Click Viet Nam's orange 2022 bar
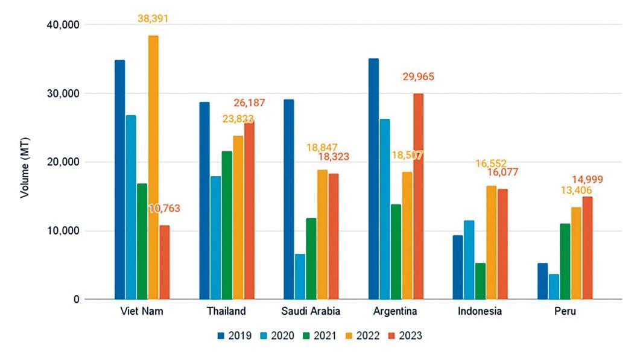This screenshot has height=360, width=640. (x=153, y=168)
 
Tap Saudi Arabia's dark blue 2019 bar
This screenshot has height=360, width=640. (x=289, y=200)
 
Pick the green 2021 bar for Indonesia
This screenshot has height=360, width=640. (x=480, y=281)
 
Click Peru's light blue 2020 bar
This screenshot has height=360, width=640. (x=554, y=287)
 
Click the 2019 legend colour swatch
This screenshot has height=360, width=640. (x=221, y=335)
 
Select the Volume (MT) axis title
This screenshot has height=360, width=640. (x=25, y=162)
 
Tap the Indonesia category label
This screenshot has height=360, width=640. (x=481, y=312)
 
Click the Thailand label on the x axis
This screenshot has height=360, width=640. (x=226, y=312)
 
